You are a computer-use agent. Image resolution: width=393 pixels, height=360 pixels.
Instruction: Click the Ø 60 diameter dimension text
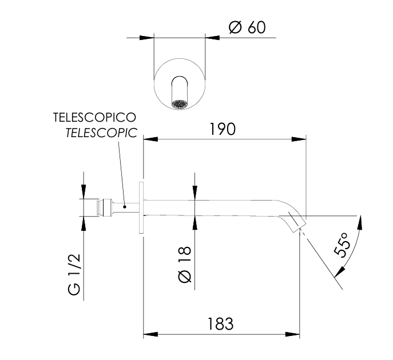247,27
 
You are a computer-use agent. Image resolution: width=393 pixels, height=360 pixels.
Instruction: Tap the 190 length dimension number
223,129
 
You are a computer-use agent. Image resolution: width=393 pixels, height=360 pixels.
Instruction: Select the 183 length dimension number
221,323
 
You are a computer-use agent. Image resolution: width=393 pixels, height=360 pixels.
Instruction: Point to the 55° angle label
342,245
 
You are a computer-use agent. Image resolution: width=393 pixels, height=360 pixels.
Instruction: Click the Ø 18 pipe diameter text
185,265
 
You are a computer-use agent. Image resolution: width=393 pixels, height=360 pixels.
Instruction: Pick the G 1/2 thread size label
74,275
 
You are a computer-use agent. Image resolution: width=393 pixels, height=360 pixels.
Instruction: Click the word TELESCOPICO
94,117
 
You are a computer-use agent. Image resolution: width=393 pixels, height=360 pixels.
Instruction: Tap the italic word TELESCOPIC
101,133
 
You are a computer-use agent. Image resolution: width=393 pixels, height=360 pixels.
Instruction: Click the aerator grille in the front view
180,105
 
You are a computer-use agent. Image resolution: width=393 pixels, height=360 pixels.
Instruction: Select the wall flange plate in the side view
141,208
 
